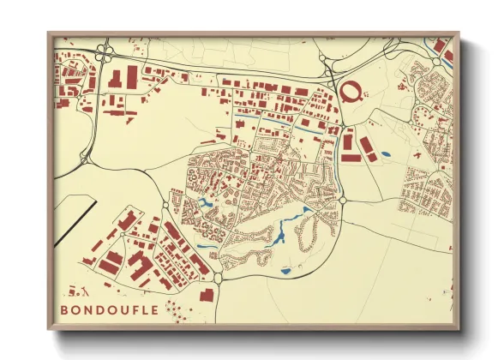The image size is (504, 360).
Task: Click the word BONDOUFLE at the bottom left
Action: [109, 309]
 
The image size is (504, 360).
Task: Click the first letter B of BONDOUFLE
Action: [64, 309]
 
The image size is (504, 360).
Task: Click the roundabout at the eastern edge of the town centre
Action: [342, 199]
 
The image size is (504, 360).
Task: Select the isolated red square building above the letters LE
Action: [207, 296]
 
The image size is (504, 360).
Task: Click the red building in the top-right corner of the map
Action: [440, 45]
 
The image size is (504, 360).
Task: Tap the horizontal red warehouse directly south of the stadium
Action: [351, 157]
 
